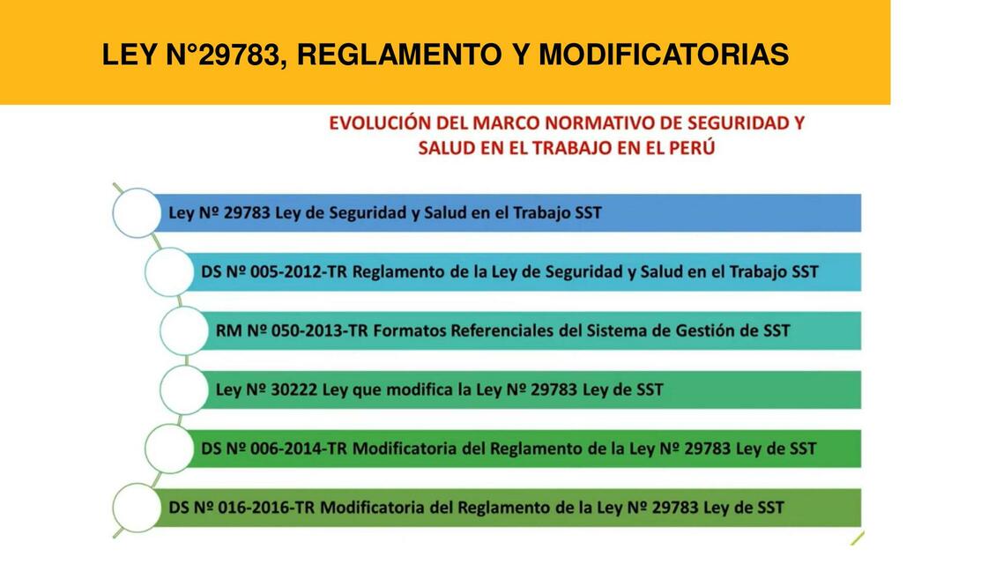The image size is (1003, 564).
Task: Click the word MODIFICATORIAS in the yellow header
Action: coord(663,56)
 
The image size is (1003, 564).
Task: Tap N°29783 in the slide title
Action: coord(225,56)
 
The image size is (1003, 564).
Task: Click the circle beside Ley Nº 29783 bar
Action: coord(137,212)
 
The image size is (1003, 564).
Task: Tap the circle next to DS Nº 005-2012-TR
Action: coord(167,271)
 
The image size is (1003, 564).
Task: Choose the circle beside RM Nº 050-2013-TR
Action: coord(183,330)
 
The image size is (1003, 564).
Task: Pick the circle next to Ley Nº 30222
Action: coord(183,390)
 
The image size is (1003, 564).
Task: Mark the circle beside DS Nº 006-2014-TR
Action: coord(167,449)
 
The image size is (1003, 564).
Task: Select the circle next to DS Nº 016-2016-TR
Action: coord(137,508)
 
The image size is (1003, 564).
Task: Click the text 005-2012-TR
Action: coord(299,271)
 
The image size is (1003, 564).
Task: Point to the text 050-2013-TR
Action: coord(314,330)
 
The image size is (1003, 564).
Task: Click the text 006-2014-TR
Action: coord(299,449)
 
